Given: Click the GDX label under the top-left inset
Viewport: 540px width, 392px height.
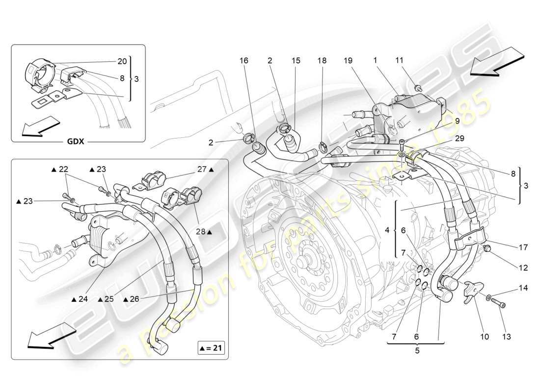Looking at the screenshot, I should click(x=76, y=142).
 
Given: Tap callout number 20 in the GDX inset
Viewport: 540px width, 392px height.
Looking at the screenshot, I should click(x=122, y=61).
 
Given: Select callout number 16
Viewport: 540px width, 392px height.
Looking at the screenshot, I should click(x=244, y=60).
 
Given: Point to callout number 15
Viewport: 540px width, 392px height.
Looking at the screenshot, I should click(x=296, y=60).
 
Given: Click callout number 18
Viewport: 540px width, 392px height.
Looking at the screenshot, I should click(x=322, y=60).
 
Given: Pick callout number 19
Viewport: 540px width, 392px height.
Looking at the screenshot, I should click(x=348, y=60).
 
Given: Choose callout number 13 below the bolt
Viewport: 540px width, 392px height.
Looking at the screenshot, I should click(x=507, y=336).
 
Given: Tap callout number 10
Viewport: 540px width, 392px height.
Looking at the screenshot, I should click(x=485, y=336).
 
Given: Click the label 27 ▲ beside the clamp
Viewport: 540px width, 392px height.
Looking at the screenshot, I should click(x=205, y=170).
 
